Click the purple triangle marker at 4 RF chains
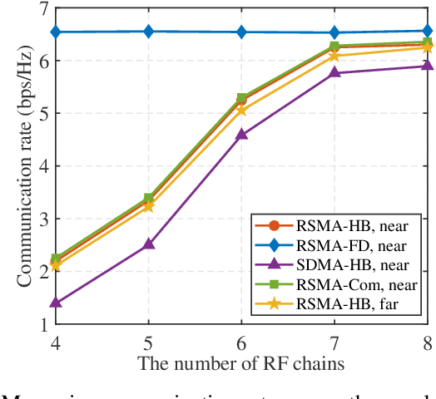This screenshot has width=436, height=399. (55, 303)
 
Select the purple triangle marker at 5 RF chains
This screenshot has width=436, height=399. (148, 244)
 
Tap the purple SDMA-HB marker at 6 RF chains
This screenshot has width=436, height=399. (241, 135)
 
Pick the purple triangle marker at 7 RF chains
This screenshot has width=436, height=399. (334, 72)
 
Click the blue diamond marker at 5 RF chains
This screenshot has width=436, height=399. (148, 32)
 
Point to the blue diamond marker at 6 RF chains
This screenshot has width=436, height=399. (241, 32)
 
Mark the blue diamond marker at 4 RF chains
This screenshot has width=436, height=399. (55, 32)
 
